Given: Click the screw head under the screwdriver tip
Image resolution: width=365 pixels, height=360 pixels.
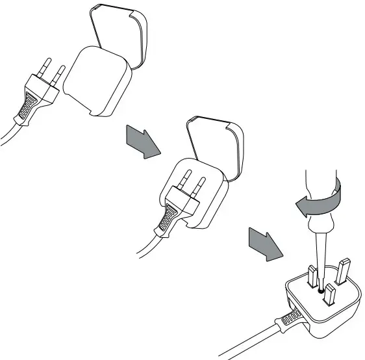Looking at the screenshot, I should click(x=320, y=291).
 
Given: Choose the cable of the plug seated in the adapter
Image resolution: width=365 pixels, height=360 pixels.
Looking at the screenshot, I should click(x=146, y=246).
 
